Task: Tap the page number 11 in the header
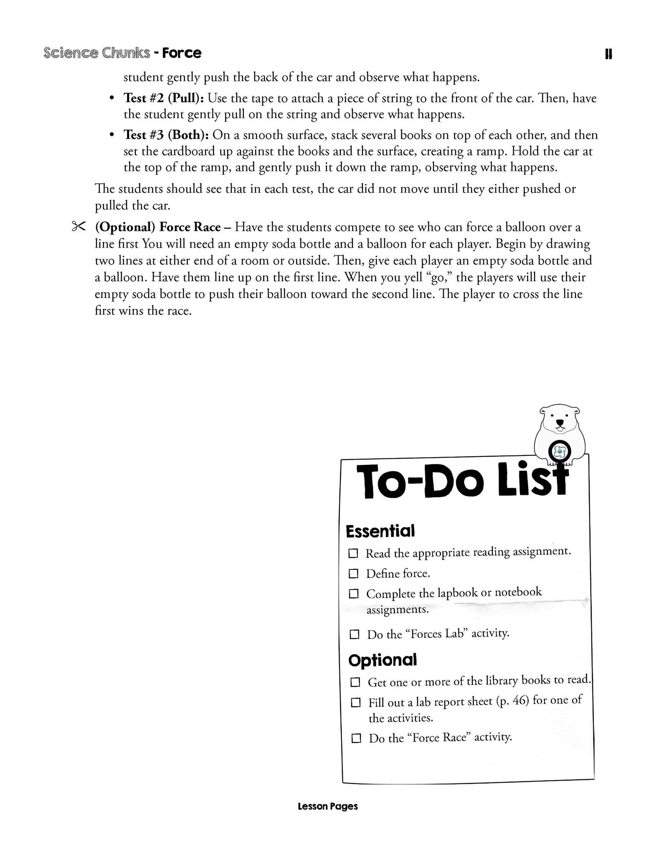tap(608, 54)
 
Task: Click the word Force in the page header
tap(182, 53)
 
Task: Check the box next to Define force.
tap(353, 574)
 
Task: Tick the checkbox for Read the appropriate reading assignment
tap(353, 553)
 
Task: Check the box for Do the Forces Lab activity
tap(354, 635)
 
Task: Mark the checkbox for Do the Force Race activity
tap(356, 739)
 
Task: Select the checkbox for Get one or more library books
tap(355, 682)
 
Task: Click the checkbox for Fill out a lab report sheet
tap(355, 703)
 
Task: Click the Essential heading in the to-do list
tap(380, 531)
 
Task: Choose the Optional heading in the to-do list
tap(383, 660)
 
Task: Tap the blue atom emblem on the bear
tap(559, 452)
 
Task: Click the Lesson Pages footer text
tap(328, 806)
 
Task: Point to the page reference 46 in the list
tap(520, 700)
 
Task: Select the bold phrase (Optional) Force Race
tap(158, 227)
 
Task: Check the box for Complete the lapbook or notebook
tap(353, 594)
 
